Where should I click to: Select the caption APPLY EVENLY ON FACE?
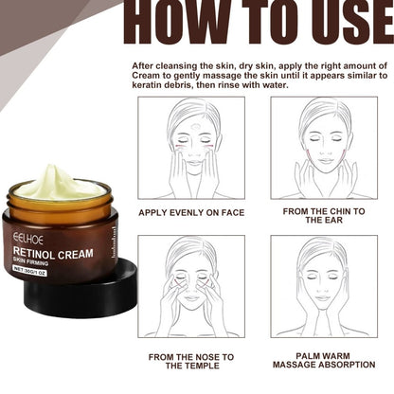click(x=190, y=213)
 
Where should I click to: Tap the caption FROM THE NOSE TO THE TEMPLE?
click(x=190, y=362)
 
